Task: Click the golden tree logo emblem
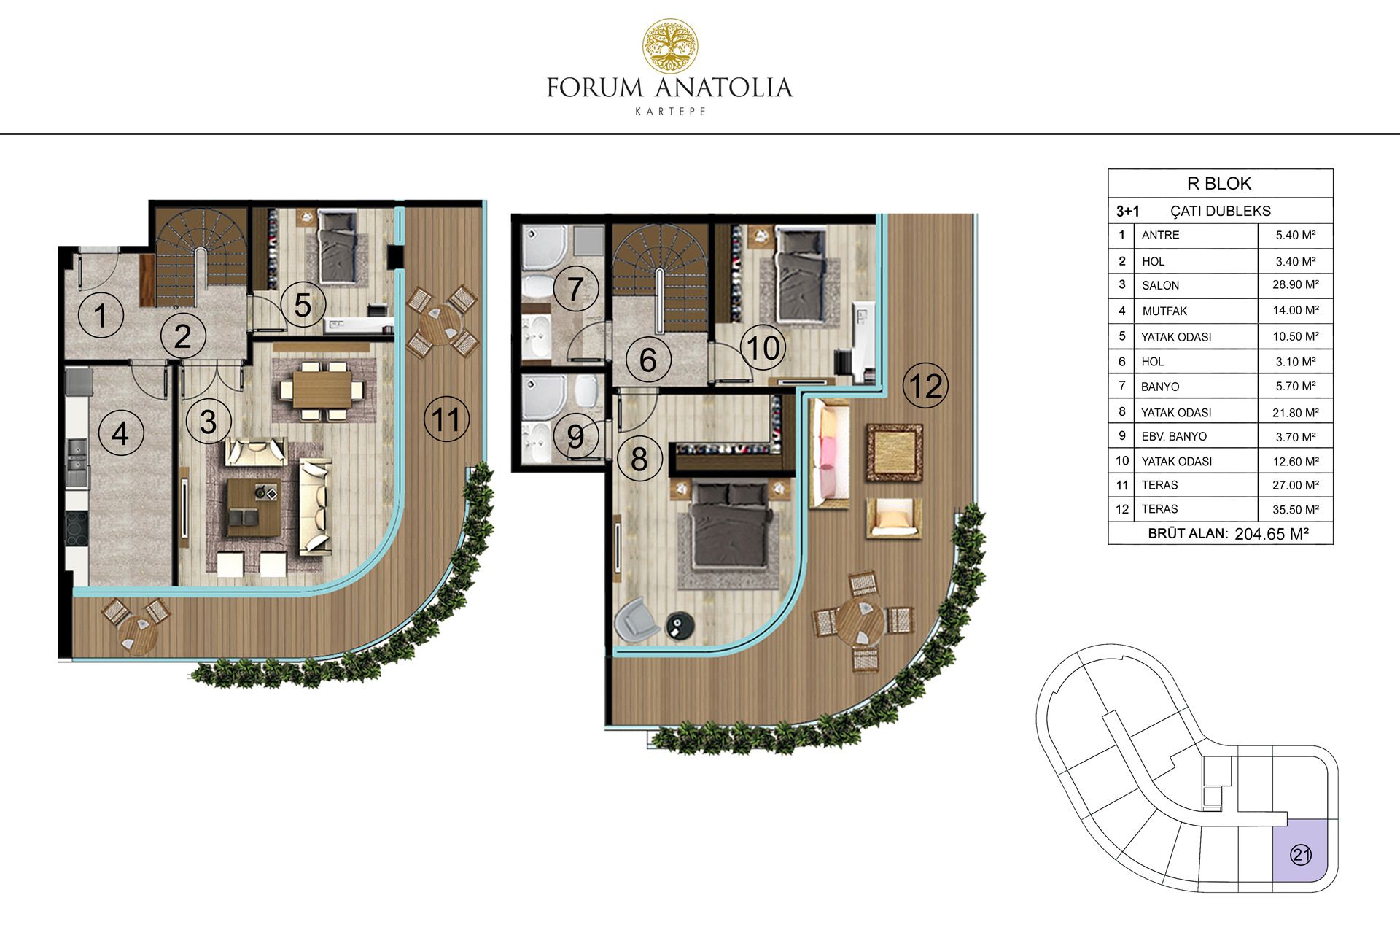click(x=669, y=46)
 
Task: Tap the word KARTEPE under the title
click(x=670, y=112)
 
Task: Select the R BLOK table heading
click(x=1219, y=183)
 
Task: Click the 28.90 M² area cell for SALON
click(x=1295, y=284)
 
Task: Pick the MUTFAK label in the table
click(x=1164, y=311)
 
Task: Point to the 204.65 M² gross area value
click(x=1271, y=533)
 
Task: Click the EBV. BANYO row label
click(x=1174, y=436)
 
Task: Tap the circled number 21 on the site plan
click(x=1301, y=855)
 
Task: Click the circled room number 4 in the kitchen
click(x=120, y=433)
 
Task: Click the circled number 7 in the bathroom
click(x=575, y=288)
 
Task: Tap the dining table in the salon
click(x=322, y=390)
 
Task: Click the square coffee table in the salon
click(x=254, y=507)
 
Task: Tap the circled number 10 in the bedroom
click(x=763, y=346)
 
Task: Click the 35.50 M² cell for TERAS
click(x=1295, y=509)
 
